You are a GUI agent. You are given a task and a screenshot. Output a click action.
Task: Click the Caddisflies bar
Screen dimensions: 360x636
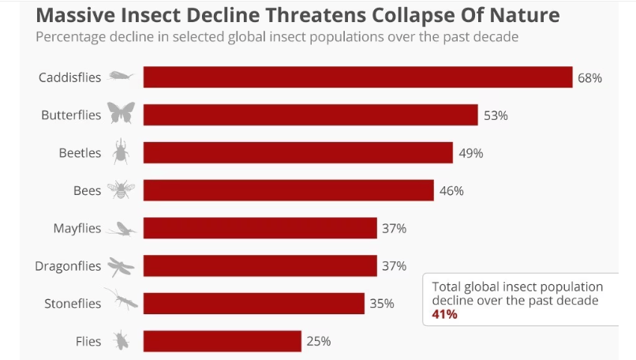pos(357,77)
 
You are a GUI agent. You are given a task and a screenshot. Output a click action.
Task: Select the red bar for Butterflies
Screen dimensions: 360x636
pos(310,115)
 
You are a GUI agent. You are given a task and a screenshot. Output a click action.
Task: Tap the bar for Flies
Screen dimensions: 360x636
pos(222,341)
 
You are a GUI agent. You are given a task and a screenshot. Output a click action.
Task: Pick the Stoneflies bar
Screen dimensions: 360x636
pos(253,303)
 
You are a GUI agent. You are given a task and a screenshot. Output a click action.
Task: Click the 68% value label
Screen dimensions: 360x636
pos(589,78)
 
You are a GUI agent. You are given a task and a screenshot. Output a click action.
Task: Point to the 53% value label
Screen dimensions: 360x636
pos(496,115)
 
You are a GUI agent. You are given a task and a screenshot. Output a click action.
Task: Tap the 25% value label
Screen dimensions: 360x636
pos(319,341)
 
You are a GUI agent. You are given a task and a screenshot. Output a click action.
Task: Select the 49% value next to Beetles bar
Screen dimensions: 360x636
pos(470,153)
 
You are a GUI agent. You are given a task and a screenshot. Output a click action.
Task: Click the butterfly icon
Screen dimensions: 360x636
pos(121,114)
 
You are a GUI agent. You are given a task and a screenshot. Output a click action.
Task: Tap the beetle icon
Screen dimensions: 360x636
pos(121,152)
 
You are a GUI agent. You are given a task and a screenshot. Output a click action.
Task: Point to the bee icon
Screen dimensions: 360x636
pos(121,189)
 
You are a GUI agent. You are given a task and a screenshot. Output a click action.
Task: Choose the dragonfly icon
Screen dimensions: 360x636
pos(121,266)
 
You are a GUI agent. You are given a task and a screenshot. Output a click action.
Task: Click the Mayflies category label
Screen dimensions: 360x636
pos(77,228)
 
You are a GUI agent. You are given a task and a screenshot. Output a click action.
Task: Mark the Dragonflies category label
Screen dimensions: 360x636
pos(69,266)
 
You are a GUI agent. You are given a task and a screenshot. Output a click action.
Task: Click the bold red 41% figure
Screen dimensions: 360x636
pos(444,314)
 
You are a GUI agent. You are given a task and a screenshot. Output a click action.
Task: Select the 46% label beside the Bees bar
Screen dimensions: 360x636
pos(451,190)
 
